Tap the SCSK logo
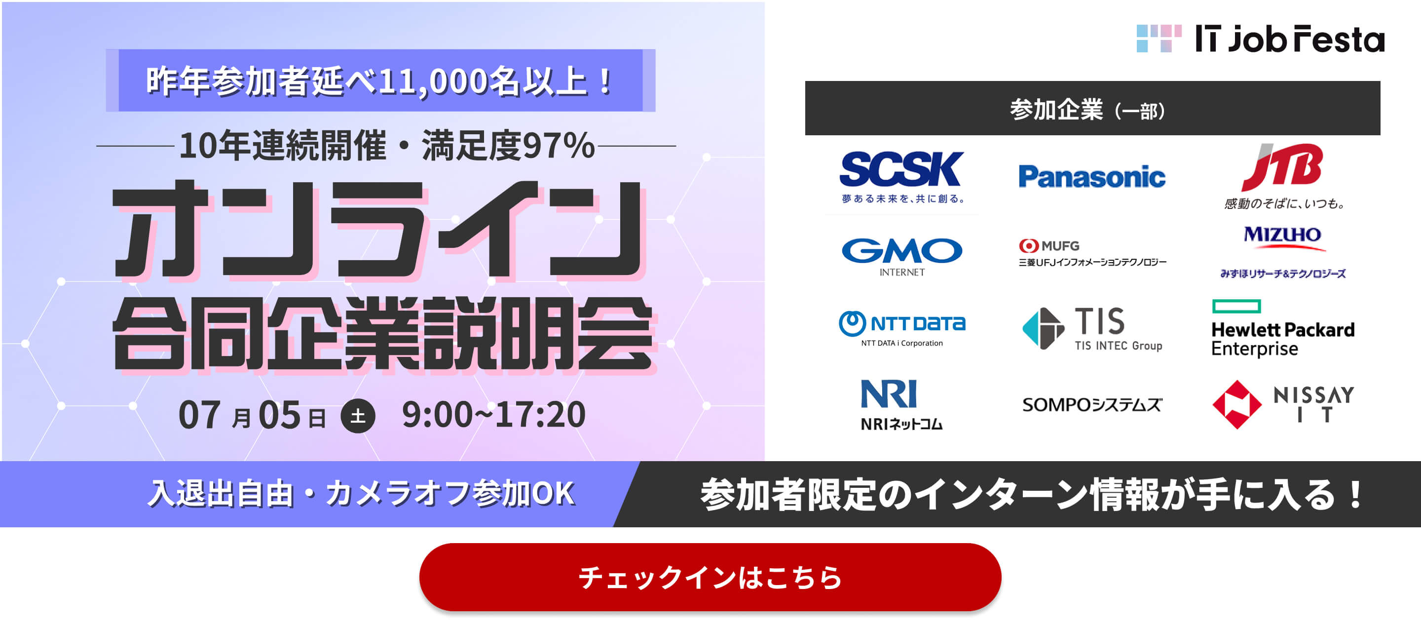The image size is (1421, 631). [x=902, y=177]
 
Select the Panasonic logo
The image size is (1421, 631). [x=1092, y=177]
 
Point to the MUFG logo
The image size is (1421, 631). [x=1092, y=253]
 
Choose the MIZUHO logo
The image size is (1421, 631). [x=1283, y=252]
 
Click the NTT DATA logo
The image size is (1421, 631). [x=902, y=329]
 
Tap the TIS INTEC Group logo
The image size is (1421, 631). [x=1092, y=329]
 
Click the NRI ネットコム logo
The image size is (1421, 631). [x=901, y=405]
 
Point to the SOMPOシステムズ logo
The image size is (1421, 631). [x=1092, y=405]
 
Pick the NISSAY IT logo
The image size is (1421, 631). [x=1283, y=405]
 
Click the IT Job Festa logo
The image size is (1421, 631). [x=1261, y=39]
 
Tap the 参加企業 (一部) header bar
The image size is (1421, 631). [x=1092, y=108]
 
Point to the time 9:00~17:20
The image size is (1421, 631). [x=494, y=415]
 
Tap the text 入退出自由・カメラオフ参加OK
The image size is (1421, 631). [x=361, y=493]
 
